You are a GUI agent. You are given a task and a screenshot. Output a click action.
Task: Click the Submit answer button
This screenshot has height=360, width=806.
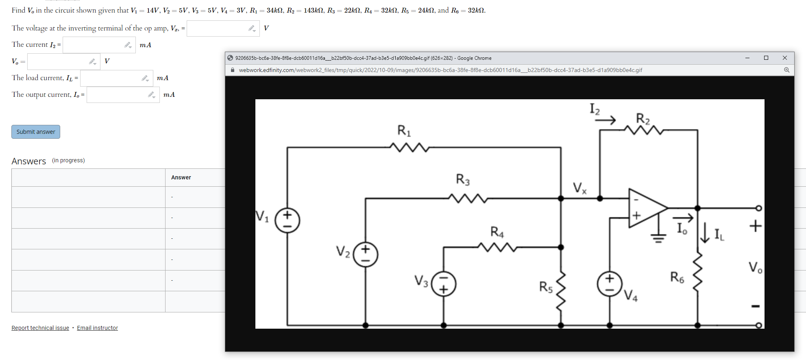point(36,132)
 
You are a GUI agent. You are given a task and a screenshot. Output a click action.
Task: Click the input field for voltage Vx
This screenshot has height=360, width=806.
point(218,28)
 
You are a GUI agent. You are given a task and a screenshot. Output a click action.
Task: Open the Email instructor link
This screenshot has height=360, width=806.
point(97,328)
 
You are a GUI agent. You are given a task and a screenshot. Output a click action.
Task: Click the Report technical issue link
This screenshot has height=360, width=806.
point(40,328)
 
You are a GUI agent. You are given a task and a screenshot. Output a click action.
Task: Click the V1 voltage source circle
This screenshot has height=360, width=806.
point(287,220)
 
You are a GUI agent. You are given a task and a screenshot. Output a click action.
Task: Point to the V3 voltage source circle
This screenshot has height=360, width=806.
point(443,284)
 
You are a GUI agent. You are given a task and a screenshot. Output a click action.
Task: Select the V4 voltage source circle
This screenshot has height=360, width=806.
point(609,284)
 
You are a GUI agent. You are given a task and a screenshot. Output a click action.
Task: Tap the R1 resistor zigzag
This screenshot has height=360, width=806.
point(409,147)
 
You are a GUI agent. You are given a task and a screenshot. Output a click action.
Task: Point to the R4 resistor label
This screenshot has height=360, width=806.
point(497,232)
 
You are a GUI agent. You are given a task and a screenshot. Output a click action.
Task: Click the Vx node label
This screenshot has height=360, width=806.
point(579,188)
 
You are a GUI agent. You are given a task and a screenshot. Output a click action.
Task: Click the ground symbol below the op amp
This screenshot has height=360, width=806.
point(658,238)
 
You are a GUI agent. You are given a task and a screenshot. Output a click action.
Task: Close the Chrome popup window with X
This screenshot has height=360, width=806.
point(785,58)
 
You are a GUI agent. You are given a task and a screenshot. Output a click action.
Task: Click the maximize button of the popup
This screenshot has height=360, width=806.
point(766,58)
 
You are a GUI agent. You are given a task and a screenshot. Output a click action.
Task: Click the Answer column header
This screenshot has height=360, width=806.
point(181,177)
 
